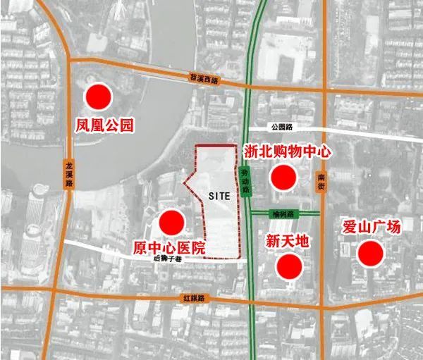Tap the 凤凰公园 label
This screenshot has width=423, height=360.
click(104, 127)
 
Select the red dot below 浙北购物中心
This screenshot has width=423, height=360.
click(283, 176)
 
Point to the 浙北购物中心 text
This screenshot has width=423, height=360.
click(287, 151)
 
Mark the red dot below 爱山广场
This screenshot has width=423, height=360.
click(371, 252)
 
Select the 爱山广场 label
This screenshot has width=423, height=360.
click(371, 227)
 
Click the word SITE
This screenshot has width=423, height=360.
click(220, 197)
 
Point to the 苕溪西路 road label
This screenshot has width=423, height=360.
click(205, 80)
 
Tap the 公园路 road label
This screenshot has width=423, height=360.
click(281, 127)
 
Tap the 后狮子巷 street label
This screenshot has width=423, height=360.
click(166, 258)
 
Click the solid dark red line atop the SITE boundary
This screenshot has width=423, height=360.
click(215, 145)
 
